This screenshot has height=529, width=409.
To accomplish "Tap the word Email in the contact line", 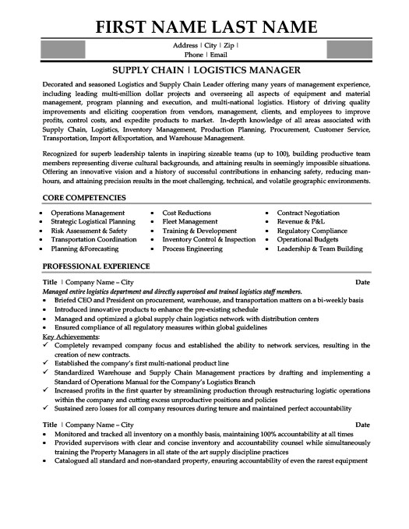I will [218, 55].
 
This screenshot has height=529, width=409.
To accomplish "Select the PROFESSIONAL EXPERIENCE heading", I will [92, 266].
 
